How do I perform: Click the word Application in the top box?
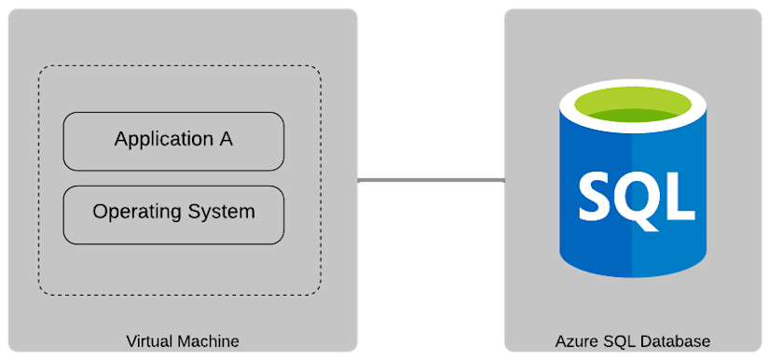(162, 140)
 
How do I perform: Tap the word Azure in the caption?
(575, 341)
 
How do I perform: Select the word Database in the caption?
(677, 341)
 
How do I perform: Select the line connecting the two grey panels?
(431, 180)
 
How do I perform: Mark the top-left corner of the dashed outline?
(40, 67)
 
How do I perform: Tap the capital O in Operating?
(101, 212)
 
